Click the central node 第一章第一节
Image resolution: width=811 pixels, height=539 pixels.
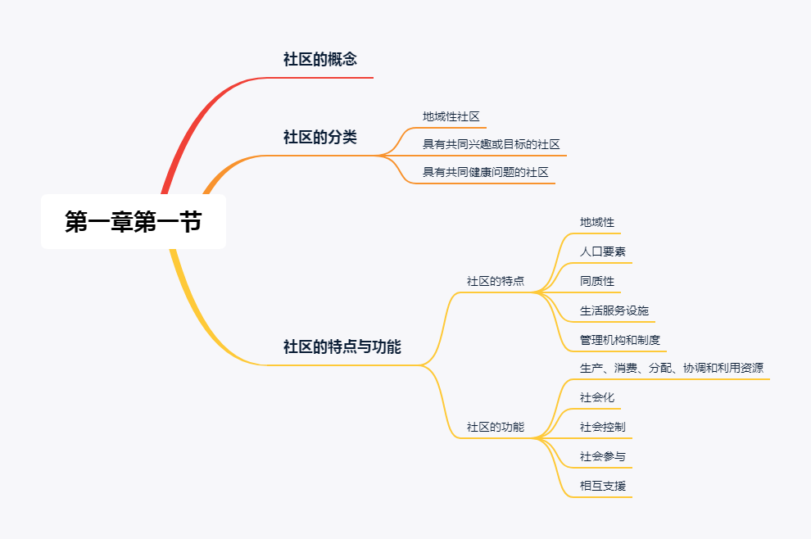[134, 221]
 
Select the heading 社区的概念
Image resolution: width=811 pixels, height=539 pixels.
[319, 59]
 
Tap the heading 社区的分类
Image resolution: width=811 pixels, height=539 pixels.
[319, 137]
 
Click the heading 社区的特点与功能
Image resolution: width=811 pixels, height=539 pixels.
[342, 346]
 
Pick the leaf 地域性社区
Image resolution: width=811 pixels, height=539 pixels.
[451, 116]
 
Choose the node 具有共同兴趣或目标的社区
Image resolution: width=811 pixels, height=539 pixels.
[491, 144]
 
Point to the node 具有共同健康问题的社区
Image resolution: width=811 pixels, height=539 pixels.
[485, 172]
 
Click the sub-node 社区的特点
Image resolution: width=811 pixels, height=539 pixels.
[496, 281]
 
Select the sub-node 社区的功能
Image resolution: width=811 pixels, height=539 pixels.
[496, 427]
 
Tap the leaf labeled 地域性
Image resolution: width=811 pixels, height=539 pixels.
[597, 222]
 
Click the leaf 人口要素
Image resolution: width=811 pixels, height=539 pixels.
[603, 251]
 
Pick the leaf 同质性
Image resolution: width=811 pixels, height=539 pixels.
[597, 281]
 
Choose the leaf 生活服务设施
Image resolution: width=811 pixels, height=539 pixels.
[614, 310]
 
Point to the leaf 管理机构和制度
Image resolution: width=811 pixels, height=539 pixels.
[620, 340]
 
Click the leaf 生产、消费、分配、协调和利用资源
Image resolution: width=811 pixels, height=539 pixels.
[672, 368]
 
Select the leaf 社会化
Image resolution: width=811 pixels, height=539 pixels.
[597, 397]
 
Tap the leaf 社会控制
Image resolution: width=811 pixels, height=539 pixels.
[603, 427]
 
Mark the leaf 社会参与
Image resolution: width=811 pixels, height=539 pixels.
[603, 456]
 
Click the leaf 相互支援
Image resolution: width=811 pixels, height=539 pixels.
[603, 486]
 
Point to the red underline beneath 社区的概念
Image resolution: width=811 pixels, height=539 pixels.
[328, 78]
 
